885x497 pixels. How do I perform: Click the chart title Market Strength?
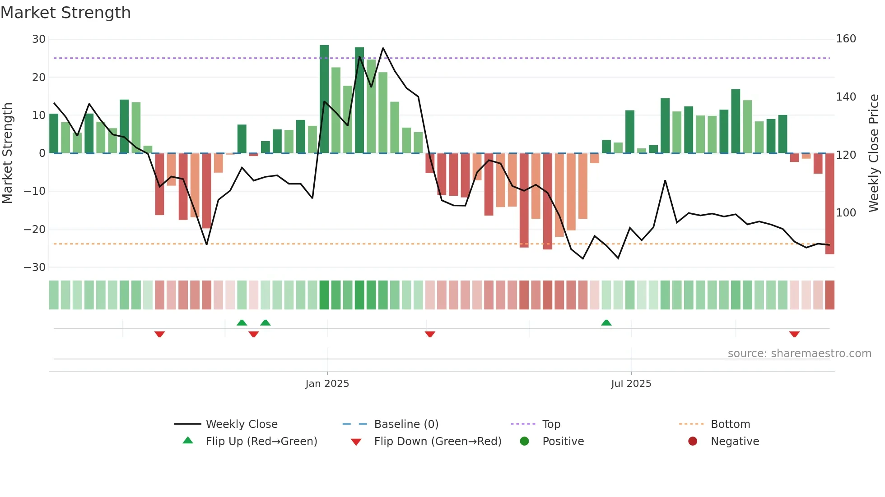pos(66,13)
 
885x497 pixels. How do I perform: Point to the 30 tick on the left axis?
pos(39,39)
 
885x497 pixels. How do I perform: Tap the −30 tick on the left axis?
pos(35,267)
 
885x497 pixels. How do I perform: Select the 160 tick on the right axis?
pos(846,39)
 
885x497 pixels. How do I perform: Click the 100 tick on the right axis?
pos(846,212)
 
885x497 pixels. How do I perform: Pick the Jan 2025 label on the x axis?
pos(327,384)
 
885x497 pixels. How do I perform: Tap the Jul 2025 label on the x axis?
pos(631,384)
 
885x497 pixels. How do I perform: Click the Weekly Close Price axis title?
pos(874,153)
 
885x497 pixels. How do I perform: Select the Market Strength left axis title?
pos(8,153)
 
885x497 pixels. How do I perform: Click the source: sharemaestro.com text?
pos(799,354)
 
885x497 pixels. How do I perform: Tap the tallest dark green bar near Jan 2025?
pos(324,99)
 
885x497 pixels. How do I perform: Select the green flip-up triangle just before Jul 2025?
pos(606,323)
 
